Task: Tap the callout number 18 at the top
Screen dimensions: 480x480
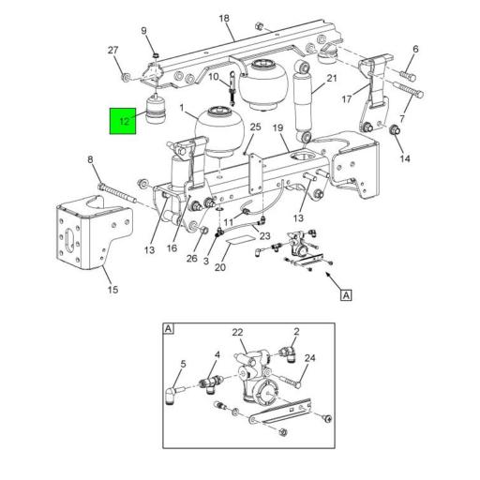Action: point(224,19)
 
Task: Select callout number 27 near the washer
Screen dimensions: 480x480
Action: point(113,51)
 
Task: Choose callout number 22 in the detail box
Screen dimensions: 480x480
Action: point(237,333)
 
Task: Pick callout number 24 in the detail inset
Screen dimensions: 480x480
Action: point(310,357)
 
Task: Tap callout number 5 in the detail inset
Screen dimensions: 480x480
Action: point(184,364)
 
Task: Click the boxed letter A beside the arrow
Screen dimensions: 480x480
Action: point(345,295)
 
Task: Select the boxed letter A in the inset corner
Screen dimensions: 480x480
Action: point(169,329)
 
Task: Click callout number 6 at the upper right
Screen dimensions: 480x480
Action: point(415,49)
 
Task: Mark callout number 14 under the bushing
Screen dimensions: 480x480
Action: point(406,158)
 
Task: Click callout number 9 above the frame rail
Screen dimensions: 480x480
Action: point(144,31)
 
